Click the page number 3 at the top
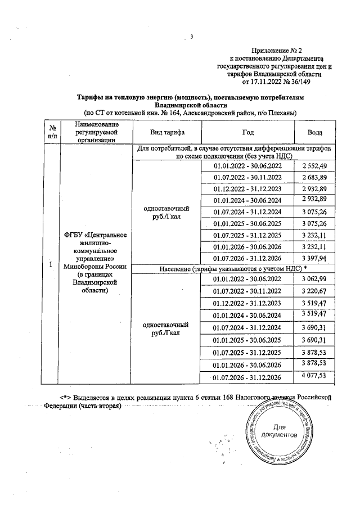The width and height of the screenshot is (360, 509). pos(191,38)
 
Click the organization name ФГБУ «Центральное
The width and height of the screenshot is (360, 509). pos(94,235)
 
